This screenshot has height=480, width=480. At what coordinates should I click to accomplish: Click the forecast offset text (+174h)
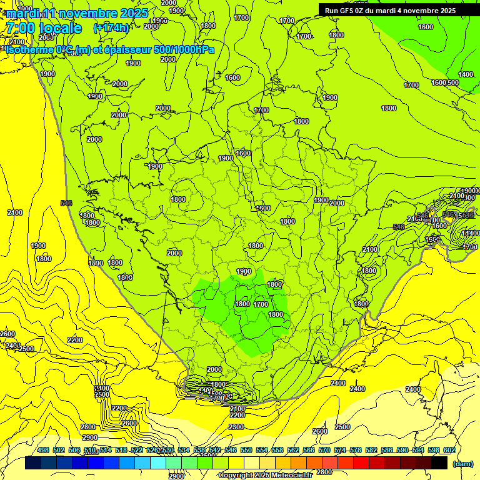coord(111,27)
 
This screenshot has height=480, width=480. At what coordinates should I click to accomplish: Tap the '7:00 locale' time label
coord(44,27)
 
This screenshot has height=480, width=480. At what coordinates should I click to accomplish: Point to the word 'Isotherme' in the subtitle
coord(29,49)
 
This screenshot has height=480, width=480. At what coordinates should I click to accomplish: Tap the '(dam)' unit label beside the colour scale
coord(462,463)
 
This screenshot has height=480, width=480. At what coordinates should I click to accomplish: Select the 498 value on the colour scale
coord(43,450)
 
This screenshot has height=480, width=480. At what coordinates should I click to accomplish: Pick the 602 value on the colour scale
coord(449,450)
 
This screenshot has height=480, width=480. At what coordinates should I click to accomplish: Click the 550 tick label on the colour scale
coord(246,450)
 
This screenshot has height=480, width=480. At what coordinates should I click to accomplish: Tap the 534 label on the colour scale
coord(184,450)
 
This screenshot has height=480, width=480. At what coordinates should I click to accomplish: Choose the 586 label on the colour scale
coord(387,450)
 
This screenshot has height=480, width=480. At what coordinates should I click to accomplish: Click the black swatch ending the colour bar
coord(439,463)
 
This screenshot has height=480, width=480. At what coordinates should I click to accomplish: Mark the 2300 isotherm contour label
coord(236,427)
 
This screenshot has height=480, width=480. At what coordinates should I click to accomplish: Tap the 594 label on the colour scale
coord(418,450)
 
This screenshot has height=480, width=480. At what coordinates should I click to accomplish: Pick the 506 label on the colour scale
coord(74,450)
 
